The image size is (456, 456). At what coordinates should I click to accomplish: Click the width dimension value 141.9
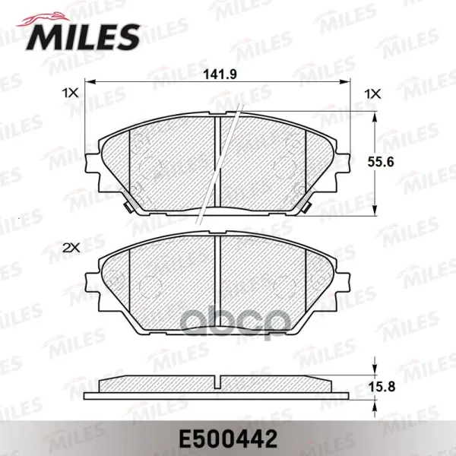220,74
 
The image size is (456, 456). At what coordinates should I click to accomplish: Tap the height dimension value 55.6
381,162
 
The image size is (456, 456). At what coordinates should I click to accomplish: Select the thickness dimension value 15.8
382,387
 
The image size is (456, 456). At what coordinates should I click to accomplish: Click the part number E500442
228,439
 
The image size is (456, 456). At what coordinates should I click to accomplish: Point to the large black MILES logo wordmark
83,37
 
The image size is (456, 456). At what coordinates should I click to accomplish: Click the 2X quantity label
71,248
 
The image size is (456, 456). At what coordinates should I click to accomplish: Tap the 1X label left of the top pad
70,93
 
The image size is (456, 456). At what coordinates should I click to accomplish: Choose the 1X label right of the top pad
372,94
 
